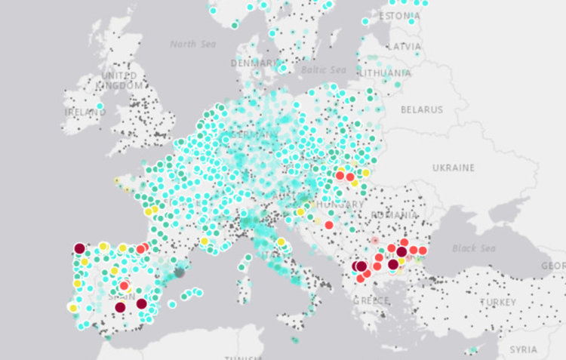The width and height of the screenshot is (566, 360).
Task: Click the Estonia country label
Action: pyautogui.click(x=399, y=16)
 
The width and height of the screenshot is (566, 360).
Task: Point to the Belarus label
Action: pyautogui.click(x=422, y=109)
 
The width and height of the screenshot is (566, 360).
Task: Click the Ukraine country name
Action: pyautogui.click(x=453, y=167)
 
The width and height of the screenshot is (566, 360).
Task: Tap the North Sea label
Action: pyautogui.click(x=193, y=44)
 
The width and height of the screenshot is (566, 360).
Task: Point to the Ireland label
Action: pyautogui.click(x=85, y=112)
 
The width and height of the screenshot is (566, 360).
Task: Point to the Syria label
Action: pyautogui.click(x=523, y=349)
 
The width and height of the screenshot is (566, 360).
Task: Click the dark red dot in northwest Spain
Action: pyautogui.click(x=79, y=248)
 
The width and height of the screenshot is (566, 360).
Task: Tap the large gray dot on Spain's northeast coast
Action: pyautogui.click(x=179, y=273)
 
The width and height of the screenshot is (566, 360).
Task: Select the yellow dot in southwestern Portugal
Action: pyautogui.click(x=72, y=308)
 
